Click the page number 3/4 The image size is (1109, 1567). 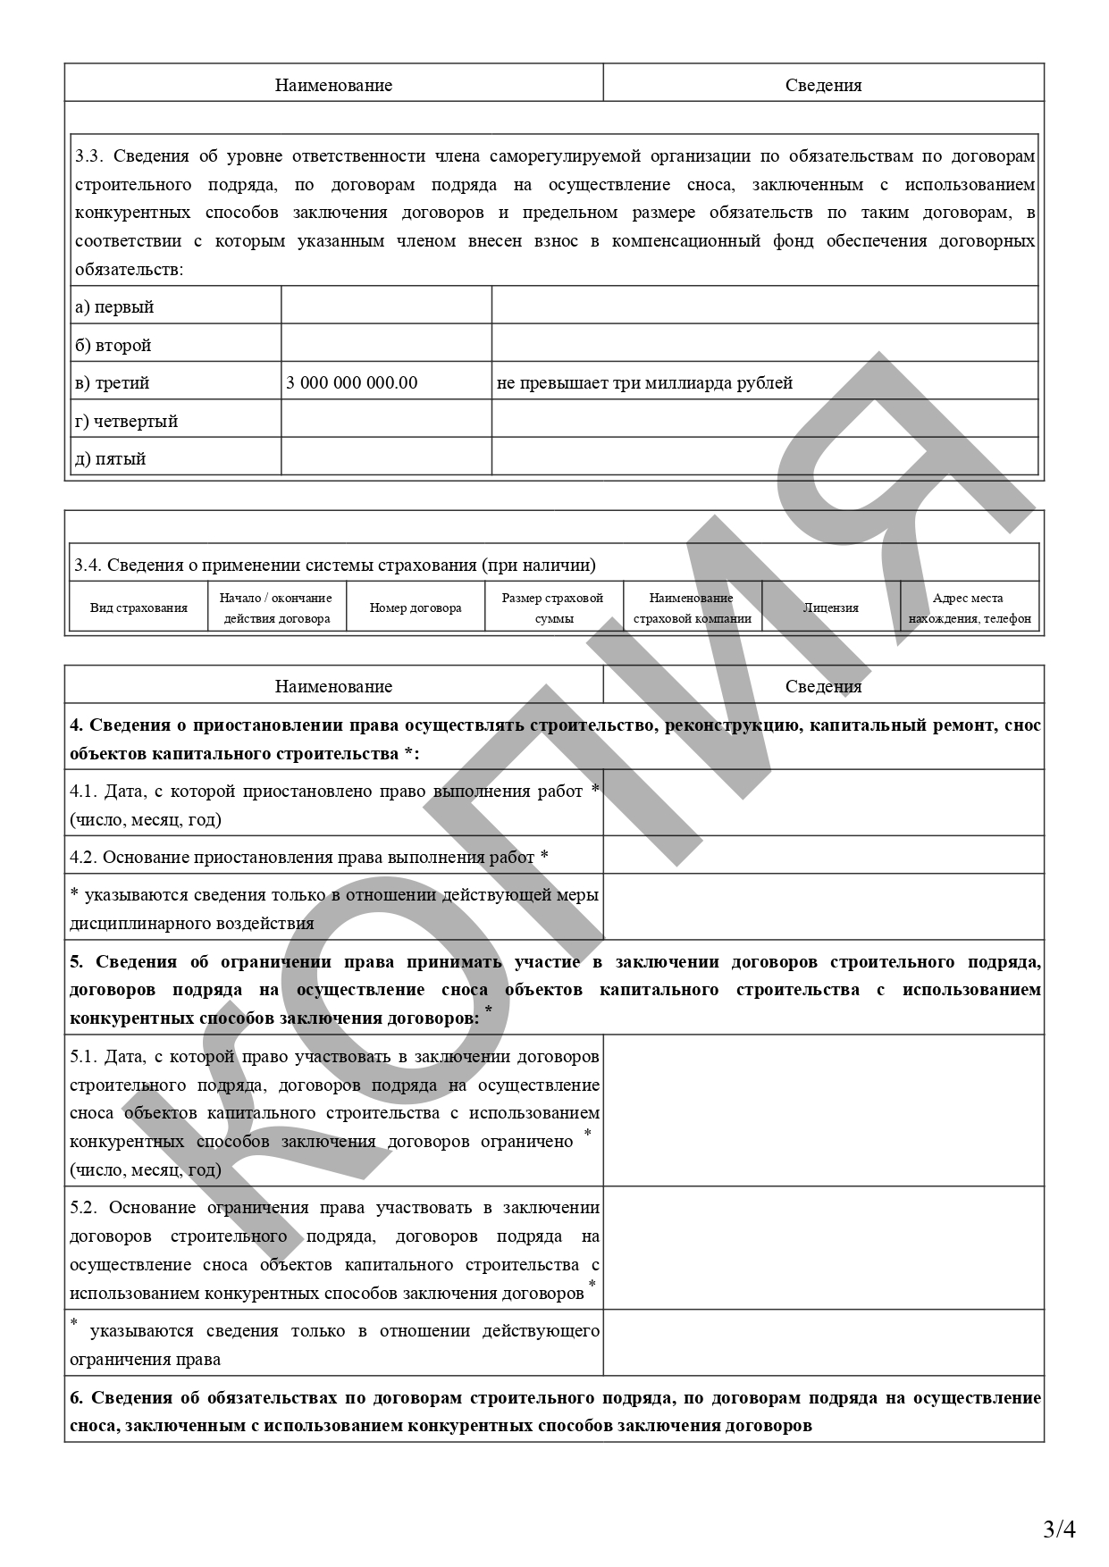[1059, 1529]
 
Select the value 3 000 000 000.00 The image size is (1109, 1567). [351, 383]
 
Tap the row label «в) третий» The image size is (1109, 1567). [112, 383]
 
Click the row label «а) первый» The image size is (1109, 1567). [113, 307]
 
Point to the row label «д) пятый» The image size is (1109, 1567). [110, 459]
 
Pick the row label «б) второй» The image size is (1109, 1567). [113, 346]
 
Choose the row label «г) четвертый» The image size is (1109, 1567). [126, 422]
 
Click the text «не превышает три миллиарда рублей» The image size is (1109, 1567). [644, 383]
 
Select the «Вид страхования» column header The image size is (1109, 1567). [139, 608]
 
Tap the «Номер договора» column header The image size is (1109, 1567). [416, 608]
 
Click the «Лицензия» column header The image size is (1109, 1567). [830, 608]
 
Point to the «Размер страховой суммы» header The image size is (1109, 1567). [553, 608]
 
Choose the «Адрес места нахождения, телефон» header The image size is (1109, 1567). [969, 608]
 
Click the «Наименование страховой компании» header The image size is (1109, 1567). [692, 608]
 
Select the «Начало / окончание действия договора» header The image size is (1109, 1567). [276, 608]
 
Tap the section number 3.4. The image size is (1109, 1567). [87, 566]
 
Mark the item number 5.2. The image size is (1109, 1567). [83, 1208]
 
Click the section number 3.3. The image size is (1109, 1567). [88, 156]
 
